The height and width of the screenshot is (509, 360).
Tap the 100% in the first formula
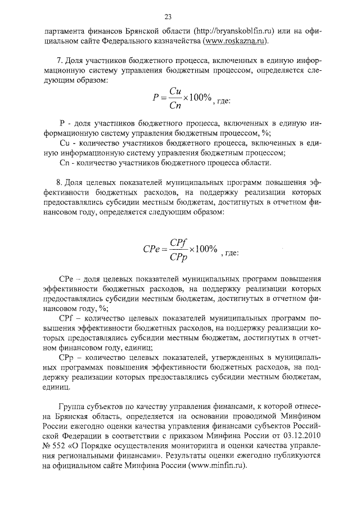[x=200, y=98]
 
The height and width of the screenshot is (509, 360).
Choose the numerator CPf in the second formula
[x=179, y=242]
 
